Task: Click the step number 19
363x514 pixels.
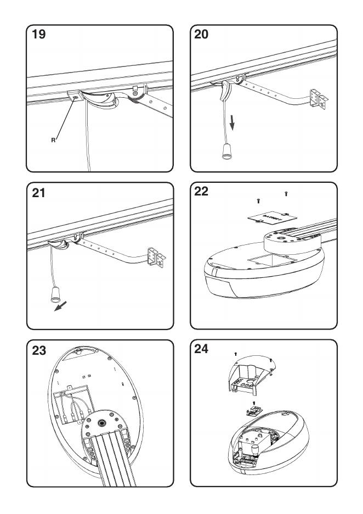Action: click(x=39, y=35)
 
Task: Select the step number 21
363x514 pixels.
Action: click(x=39, y=193)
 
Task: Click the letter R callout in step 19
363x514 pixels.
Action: click(x=53, y=140)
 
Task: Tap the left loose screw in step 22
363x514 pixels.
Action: click(x=259, y=202)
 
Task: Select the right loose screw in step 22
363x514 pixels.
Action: click(x=287, y=194)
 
